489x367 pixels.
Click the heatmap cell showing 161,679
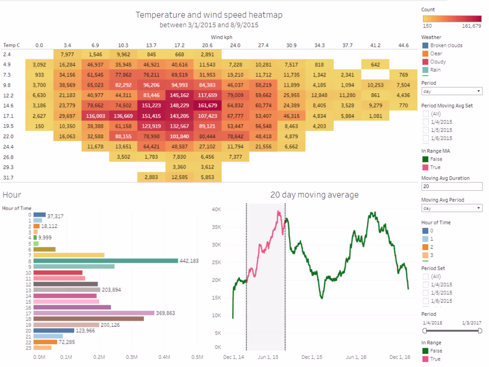[x=207, y=105]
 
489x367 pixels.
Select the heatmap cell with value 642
[x=375, y=65]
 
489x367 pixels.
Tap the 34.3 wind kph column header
[x=319, y=45]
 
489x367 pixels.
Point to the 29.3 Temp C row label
[x=8, y=167]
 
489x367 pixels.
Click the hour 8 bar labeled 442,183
[x=106, y=261]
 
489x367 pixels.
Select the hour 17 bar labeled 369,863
[x=94, y=313]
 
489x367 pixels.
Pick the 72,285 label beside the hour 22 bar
[x=67, y=342]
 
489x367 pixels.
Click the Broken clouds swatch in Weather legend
[x=425, y=45]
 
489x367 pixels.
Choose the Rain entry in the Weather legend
[x=435, y=70]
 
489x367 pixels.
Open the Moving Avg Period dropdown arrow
[x=479, y=208]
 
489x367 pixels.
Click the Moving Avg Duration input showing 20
[x=452, y=186]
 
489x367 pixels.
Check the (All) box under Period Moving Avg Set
[x=426, y=114]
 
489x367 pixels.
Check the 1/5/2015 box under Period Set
[x=426, y=293]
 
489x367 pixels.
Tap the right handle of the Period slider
[x=480, y=331]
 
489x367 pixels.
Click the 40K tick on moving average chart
[x=216, y=209]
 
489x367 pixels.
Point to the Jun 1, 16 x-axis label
[x=356, y=357]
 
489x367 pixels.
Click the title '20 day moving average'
[x=314, y=195]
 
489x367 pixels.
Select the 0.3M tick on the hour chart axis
[x=132, y=357]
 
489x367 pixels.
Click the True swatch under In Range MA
[x=425, y=167]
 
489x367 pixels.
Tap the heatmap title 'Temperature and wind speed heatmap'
[x=209, y=15]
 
